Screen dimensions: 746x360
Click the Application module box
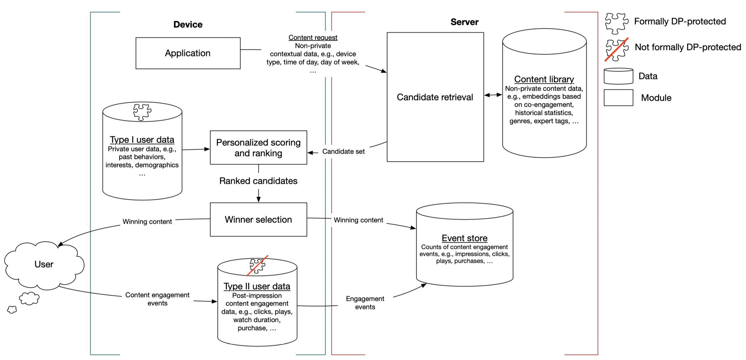click(188, 53)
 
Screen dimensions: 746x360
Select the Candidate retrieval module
click(435, 97)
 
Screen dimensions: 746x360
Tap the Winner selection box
click(258, 219)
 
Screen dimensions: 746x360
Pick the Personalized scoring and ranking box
click(258, 148)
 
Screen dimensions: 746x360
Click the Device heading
click(188, 25)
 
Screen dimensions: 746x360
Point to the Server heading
click(464, 22)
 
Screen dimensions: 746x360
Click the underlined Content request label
click(313, 37)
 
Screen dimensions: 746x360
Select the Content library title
click(544, 79)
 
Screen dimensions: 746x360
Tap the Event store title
click(465, 238)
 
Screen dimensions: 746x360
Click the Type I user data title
click(142, 139)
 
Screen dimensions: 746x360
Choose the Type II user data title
click(257, 286)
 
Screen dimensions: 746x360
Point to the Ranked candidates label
click(258, 181)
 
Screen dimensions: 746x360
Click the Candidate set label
click(343, 151)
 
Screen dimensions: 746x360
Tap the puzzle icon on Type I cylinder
click(142, 112)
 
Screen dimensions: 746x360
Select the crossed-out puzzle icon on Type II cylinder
click(257, 266)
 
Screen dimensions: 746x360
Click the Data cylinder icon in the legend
click(618, 76)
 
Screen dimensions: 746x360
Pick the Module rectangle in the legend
click(618, 98)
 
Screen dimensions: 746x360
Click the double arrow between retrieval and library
click(493, 95)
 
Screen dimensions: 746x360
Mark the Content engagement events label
click(157, 299)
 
